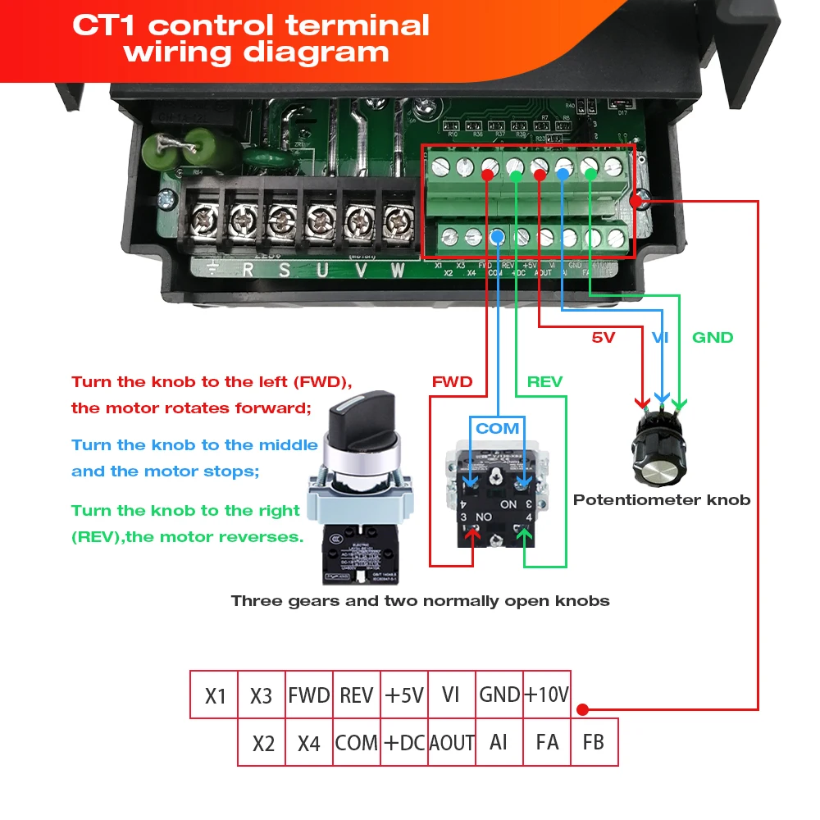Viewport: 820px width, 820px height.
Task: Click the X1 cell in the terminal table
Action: [215, 696]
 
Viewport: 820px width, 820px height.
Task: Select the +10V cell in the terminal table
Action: [546, 695]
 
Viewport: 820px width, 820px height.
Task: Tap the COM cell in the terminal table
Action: [357, 743]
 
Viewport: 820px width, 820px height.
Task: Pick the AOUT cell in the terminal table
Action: [452, 743]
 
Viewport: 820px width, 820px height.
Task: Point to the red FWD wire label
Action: [452, 381]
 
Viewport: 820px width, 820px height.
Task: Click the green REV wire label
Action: [544, 381]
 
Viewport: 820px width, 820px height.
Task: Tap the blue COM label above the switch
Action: [498, 428]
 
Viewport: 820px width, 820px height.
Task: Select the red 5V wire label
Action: [603, 337]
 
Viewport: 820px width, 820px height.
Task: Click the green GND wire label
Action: [713, 337]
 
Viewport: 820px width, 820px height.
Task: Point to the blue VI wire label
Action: [660, 337]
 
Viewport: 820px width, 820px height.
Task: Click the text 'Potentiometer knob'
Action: [662, 499]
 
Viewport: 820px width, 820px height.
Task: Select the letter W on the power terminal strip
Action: [398, 269]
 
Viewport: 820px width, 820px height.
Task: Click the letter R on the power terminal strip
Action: [248, 269]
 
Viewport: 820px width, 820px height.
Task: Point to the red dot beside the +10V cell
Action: [582, 709]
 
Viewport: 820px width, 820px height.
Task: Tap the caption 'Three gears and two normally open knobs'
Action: [420, 600]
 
